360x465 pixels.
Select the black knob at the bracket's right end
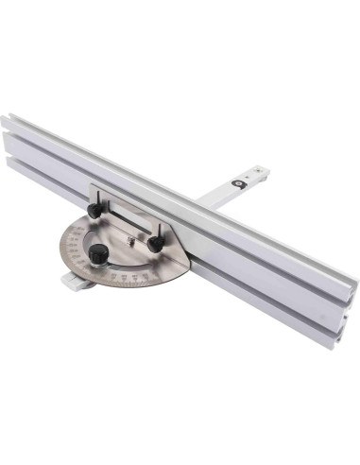tap(153, 243)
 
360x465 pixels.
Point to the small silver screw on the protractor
tap(129, 243)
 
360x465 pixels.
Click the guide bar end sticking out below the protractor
tap(71, 280)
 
